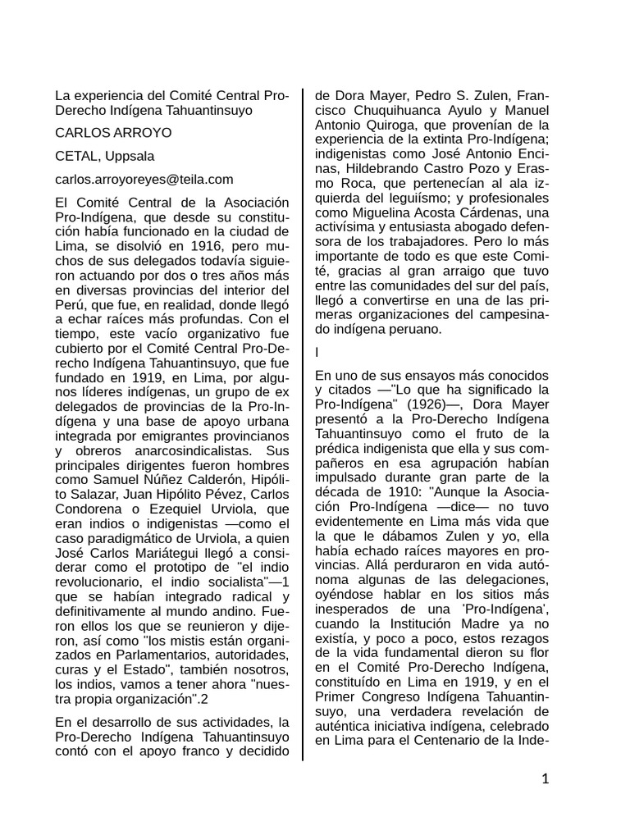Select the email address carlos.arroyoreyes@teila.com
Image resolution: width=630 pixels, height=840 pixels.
(x=144, y=179)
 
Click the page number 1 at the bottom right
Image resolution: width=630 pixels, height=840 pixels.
(x=544, y=778)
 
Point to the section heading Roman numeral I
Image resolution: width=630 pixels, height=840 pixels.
(x=317, y=352)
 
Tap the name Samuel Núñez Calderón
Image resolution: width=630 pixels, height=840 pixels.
(x=156, y=480)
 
